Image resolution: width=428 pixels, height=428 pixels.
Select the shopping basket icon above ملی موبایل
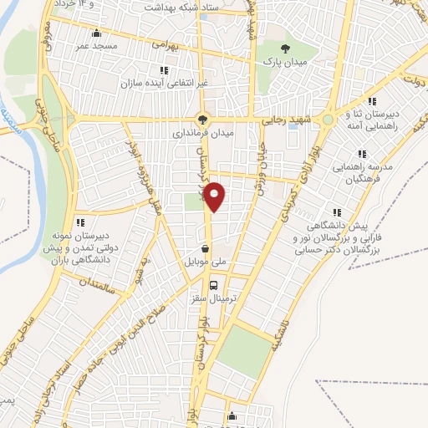[x=205, y=248]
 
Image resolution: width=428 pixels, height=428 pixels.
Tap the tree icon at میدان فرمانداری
[x=201, y=119]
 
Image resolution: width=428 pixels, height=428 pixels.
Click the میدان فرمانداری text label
[x=204, y=132]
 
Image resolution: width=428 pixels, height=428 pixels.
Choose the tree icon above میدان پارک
[x=286, y=48]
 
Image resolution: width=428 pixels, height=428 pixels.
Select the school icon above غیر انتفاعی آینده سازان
[x=163, y=70]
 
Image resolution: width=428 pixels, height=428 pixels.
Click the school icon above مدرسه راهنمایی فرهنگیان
[x=361, y=154]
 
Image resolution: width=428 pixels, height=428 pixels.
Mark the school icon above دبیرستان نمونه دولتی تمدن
[x=81, y=222]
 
